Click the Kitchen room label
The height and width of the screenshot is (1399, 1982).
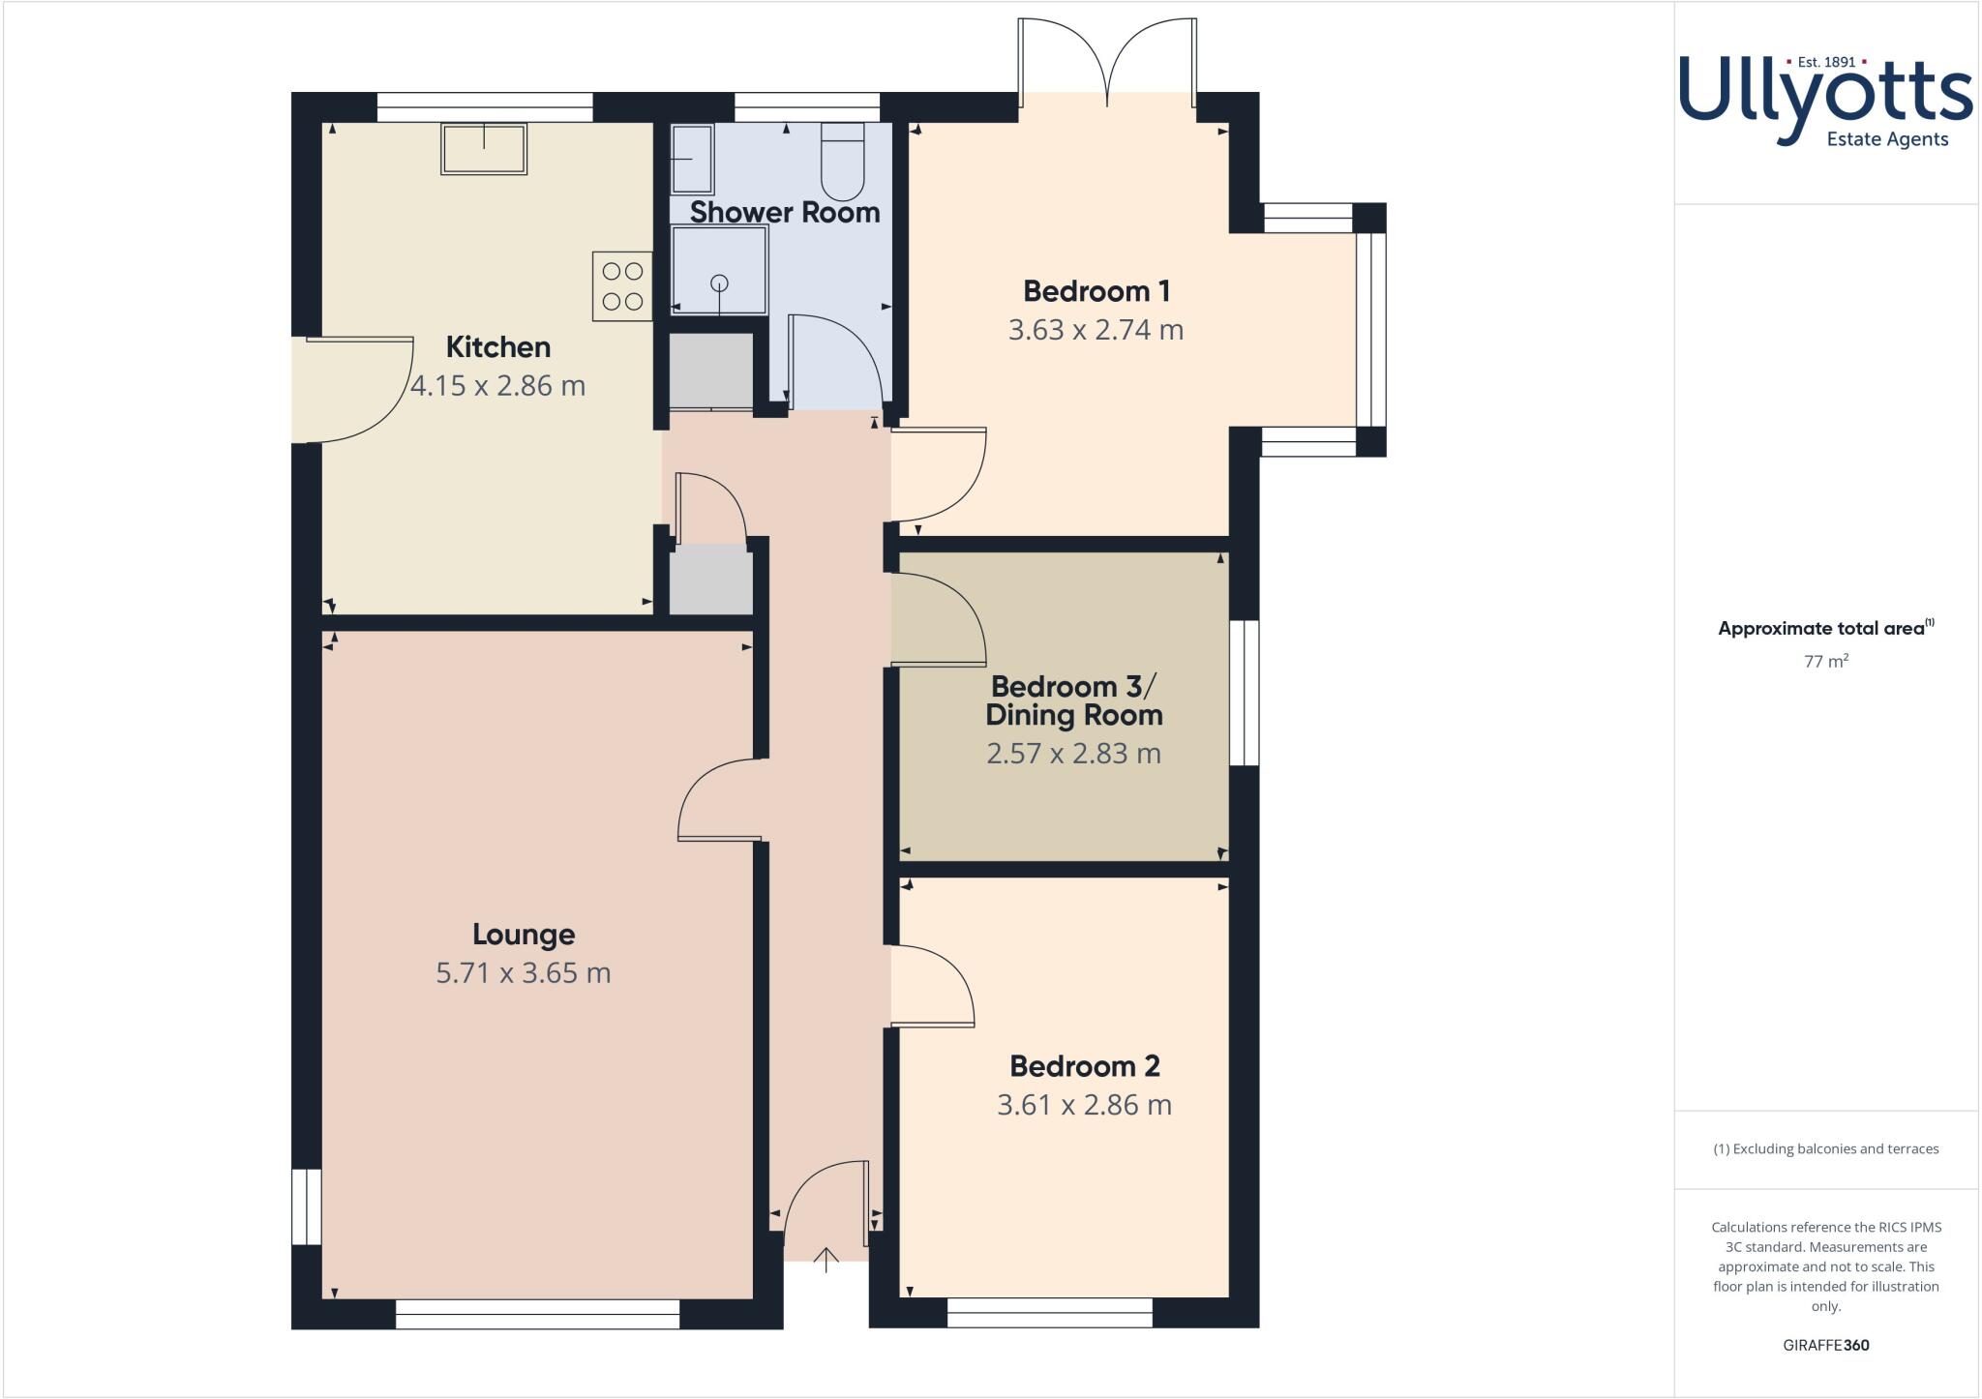tap(497, 347)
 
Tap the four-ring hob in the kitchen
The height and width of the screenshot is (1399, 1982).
tap(622, 286)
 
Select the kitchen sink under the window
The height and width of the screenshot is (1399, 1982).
tap(484, 148)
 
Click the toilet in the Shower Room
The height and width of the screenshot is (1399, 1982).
tap(842, 161)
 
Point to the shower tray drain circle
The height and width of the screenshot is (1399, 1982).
tap(719, 283)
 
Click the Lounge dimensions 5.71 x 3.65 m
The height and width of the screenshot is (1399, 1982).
tap(523, 973)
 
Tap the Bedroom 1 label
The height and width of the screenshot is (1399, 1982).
tap(1096, 291)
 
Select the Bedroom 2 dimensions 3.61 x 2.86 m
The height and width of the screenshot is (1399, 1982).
tap(1084, 1105)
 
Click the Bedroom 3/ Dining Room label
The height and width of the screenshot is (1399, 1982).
tap(1073, 701)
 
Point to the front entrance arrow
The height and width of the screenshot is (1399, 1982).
tap(826, 1260)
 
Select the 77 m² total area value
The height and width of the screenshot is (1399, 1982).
tap(1825, 662)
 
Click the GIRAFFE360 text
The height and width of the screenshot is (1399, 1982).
tap(1825, 1345)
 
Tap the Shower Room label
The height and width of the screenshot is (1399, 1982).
tap(784, 213)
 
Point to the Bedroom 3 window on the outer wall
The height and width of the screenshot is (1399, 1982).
tap(1245, 693)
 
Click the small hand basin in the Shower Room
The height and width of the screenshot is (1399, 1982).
tap(691, 159)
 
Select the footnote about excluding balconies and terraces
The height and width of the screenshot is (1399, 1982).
tap(1825, 1149)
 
